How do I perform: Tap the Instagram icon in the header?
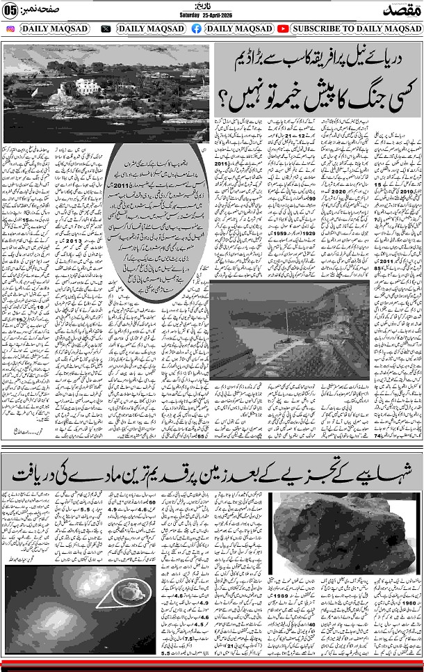10,29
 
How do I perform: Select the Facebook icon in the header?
197,29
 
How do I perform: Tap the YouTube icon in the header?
283,29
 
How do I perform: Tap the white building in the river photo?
88,86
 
